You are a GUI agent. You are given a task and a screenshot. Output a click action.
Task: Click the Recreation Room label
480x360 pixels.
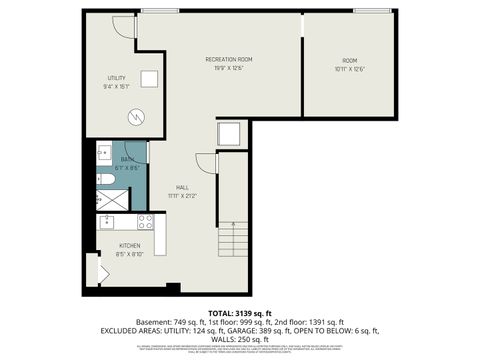228,60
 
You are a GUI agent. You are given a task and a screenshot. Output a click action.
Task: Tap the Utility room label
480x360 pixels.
117,78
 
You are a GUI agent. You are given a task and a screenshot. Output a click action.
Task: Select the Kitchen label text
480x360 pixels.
130,246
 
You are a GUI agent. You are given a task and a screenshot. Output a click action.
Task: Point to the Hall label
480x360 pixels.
183,187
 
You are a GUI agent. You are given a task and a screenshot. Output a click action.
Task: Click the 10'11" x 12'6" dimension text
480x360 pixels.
349,69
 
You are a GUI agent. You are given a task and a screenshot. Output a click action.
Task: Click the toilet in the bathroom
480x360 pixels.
105,179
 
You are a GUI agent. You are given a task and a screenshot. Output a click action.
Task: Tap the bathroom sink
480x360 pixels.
104,154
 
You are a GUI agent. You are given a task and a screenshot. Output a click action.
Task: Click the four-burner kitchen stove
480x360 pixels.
144,221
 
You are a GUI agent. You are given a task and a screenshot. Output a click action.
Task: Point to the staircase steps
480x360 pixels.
232,240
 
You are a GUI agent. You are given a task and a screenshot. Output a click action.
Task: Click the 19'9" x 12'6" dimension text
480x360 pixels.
228,69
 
